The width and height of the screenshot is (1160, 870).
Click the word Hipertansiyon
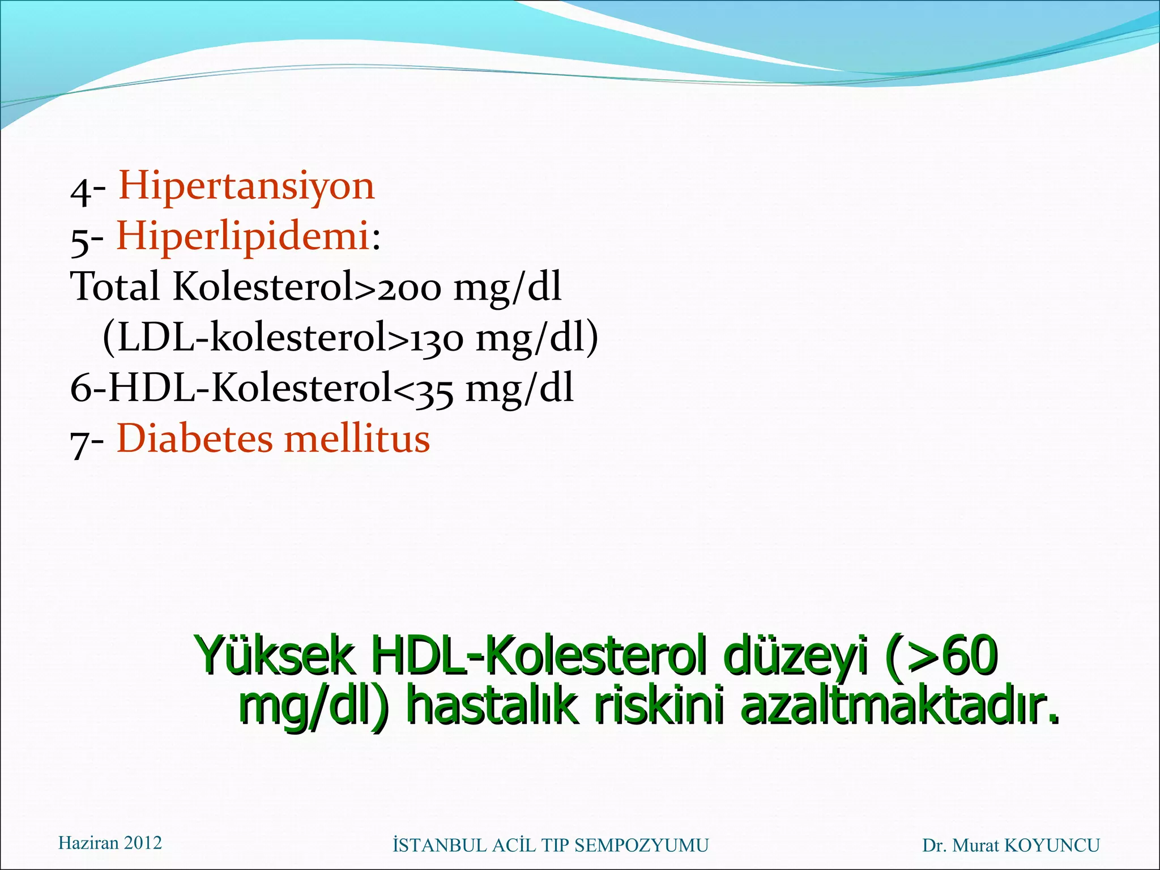point(246,186)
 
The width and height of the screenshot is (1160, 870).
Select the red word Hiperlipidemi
point(243,236)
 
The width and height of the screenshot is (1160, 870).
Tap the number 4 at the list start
point(80,191)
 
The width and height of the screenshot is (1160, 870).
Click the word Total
point(115,286)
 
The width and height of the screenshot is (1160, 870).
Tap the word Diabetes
point(194,439)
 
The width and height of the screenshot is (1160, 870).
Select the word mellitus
point(357,439)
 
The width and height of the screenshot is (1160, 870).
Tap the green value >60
point(951,655)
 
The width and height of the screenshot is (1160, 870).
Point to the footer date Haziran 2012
point(110,843)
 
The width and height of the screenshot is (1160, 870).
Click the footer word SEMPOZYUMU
point(641,846)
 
